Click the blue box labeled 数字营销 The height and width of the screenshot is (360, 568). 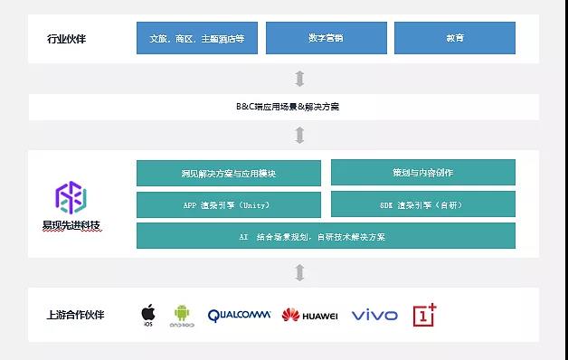click(326, 38)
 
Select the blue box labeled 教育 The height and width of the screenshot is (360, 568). click(454, 38)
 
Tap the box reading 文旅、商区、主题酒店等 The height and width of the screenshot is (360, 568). click(196, 38)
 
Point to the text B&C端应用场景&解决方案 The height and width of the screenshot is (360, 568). click(299, 107)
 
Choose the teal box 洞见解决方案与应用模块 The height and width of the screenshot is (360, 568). click(228, 173)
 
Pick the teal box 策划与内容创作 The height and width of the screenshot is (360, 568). click(422, 173)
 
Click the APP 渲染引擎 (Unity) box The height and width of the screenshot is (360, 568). click(228, 204)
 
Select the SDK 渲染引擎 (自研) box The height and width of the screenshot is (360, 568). click(422, 204)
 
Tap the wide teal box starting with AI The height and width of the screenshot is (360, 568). click(326, 236)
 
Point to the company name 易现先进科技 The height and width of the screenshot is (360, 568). click(71, 224)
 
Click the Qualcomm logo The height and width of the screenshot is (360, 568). click(239, 315)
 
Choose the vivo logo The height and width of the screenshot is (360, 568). click(374, 315)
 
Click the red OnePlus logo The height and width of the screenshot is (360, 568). click(424, 314)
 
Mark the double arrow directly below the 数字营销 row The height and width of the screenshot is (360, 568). click(299, 79)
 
